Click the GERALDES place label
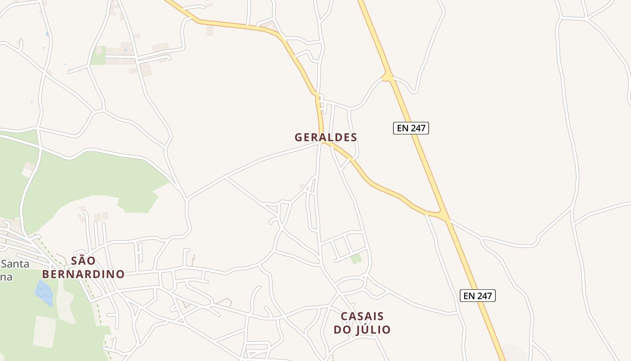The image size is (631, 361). click(x=325, y=137)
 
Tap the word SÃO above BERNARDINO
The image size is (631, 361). click(x=83, y=261)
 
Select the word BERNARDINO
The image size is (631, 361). click(x=83, y=274)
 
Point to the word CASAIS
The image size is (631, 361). click(x=362, y=316)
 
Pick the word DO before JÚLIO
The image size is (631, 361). click(x=341, y=330)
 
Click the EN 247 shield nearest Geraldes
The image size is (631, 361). click(x=411, y=128)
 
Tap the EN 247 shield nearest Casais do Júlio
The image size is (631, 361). click(x=478, y=296)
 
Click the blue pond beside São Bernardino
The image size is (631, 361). click(x=44, y=292)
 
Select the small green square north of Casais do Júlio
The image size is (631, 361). click(x=357, y=259)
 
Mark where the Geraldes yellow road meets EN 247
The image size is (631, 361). click(x=444, y=216)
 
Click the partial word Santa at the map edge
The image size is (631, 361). click(x=15, y=264)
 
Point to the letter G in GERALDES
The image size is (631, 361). click(x=298, y=137)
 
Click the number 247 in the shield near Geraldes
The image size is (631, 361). click(x=417, y=128)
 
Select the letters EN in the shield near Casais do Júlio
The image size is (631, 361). click(x=469, y=296)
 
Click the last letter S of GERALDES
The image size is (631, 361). click(x=353, y=137)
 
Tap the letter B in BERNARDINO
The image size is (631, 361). click(x=46, y=274)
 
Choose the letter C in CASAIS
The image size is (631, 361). click(x=344, y=316)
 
